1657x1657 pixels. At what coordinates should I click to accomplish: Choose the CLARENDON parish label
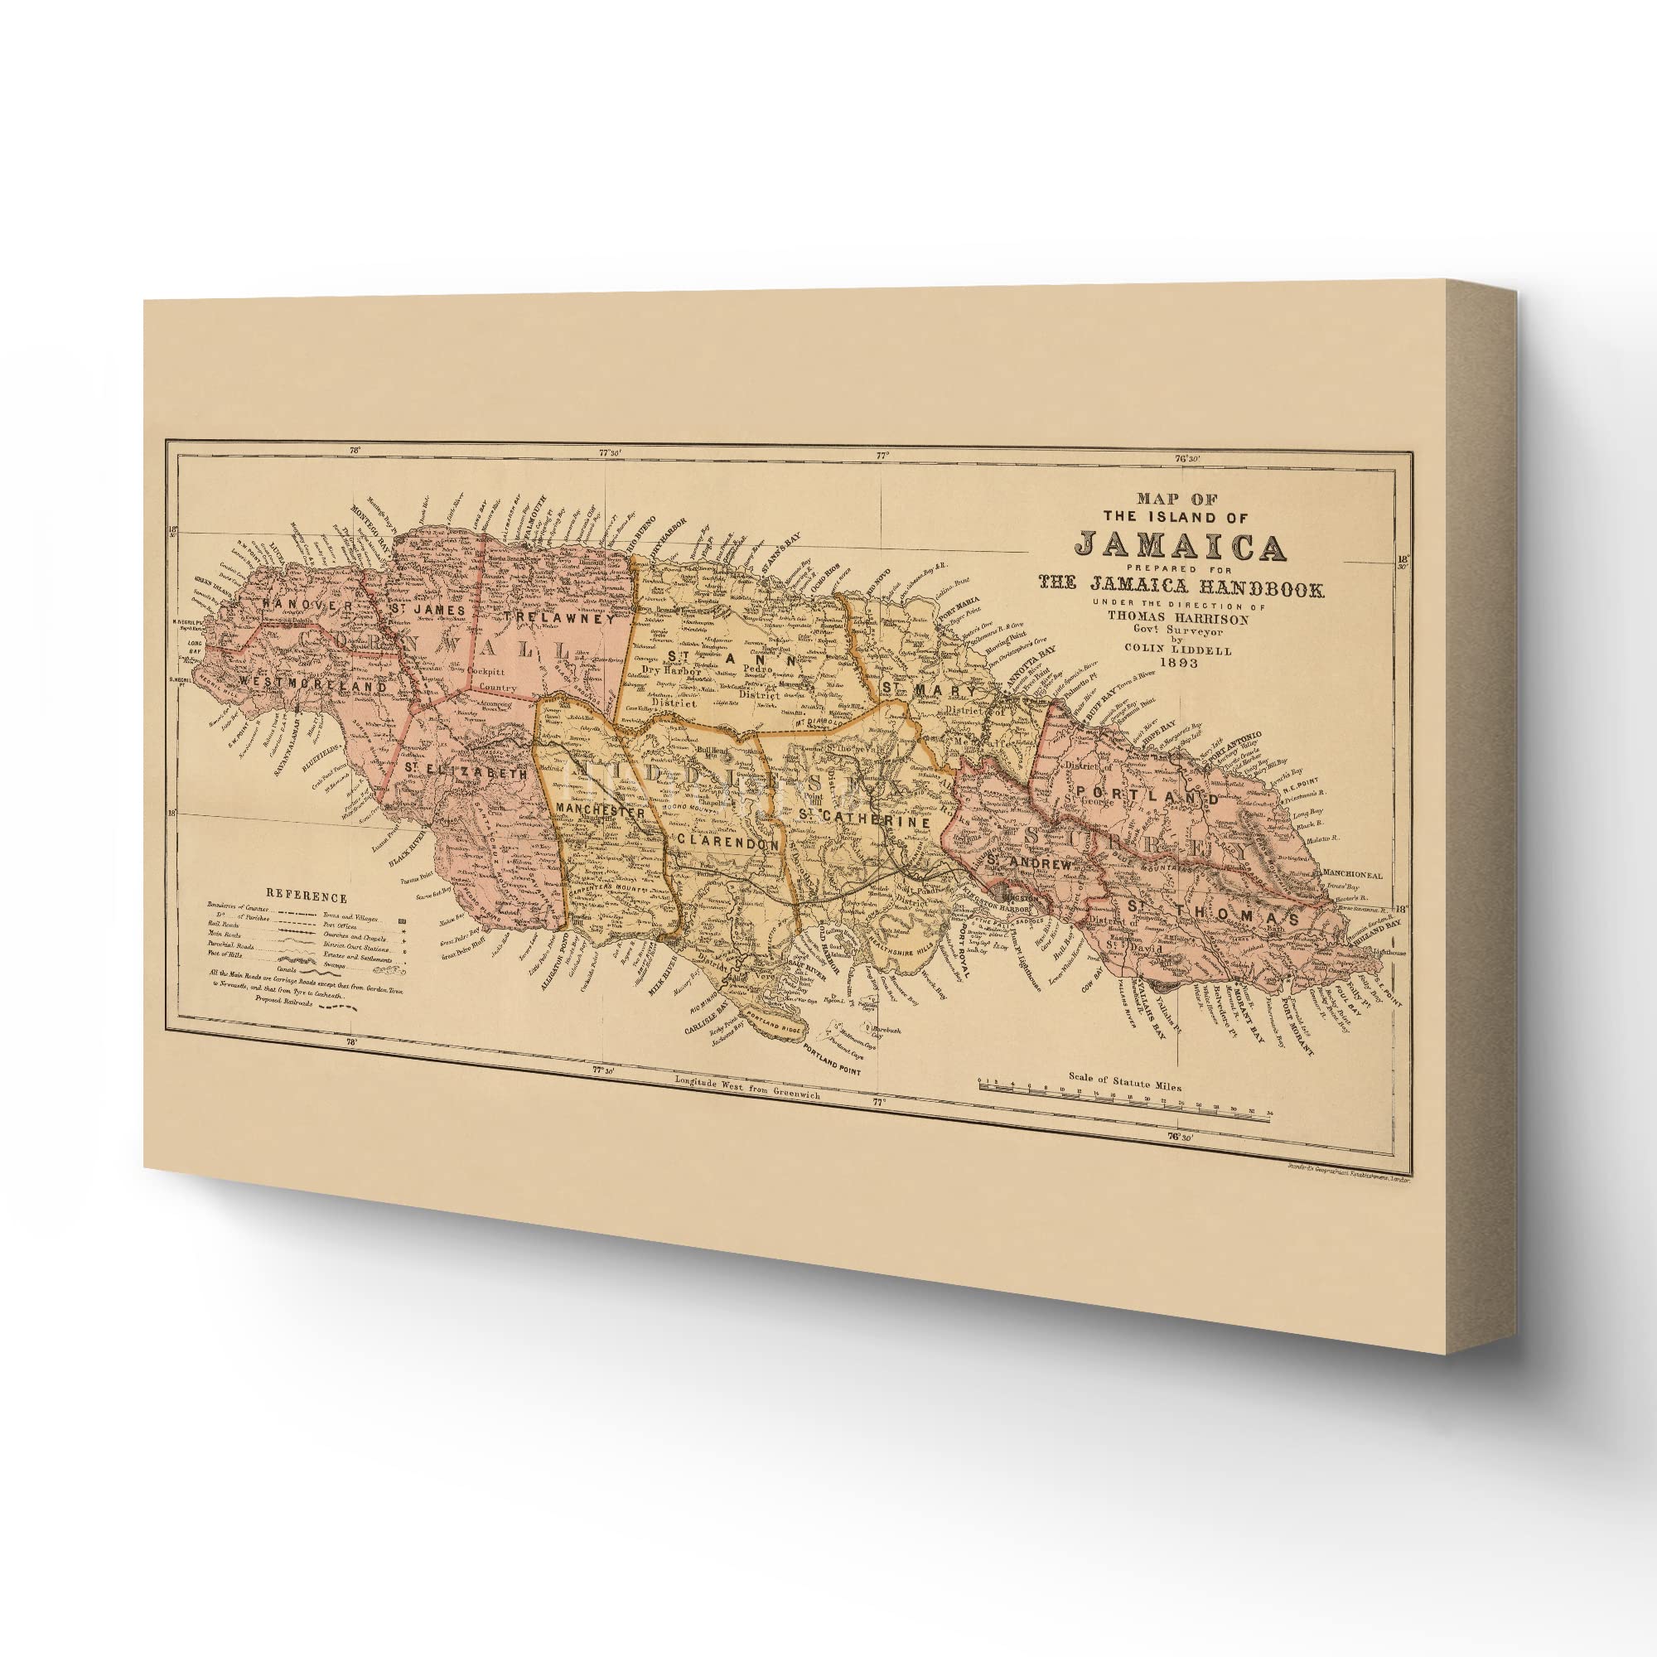(x=727, y=844)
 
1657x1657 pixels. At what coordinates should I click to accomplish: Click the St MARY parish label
(x=929, y=689)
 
